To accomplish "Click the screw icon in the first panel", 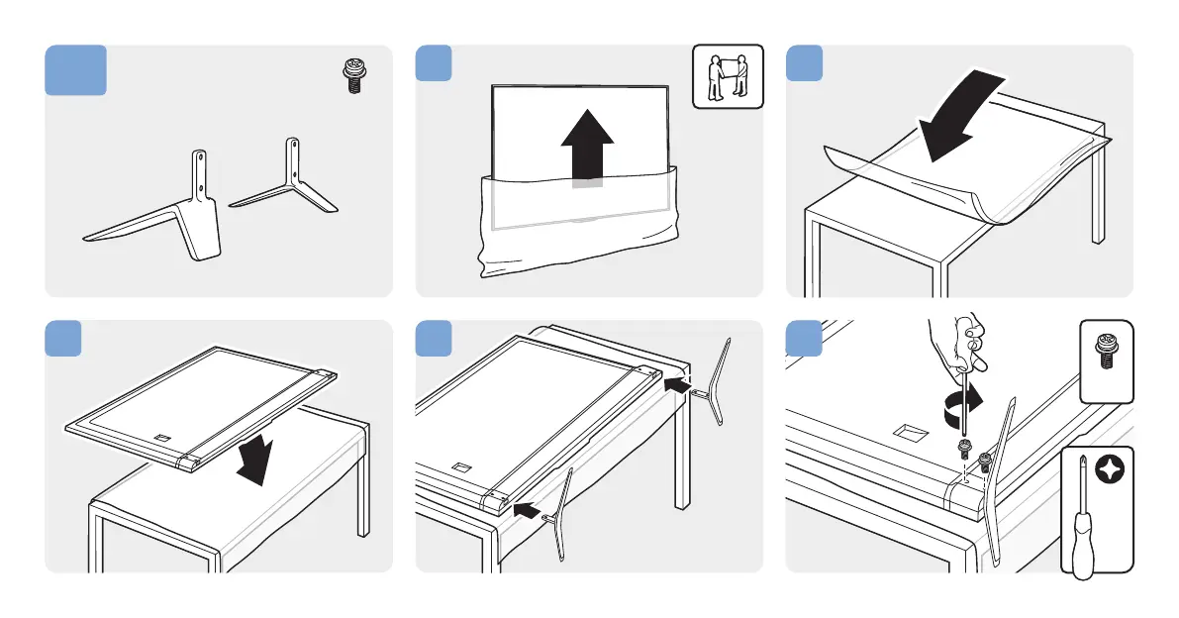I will coord(350,76).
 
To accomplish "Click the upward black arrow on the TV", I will coord(588,149).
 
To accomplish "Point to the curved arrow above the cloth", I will coord(959,114).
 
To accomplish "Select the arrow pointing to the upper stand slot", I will coord(676,382).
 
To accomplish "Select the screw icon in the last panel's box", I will coord(1104,351).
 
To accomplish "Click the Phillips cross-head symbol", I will coord(1115,465).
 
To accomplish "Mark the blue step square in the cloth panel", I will coord(803,62).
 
